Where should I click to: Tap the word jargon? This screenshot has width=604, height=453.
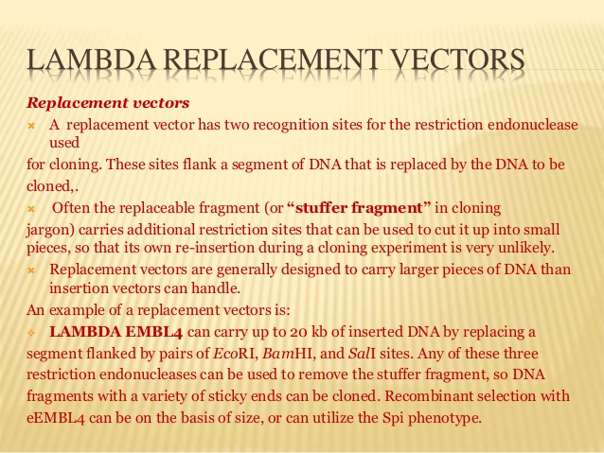tap(47, 229)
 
